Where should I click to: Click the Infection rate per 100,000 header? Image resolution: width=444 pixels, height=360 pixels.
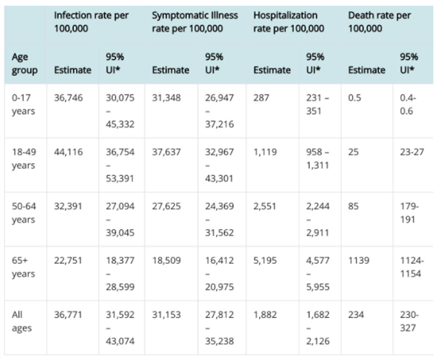91,21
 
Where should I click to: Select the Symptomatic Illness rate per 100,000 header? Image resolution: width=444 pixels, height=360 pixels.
195,21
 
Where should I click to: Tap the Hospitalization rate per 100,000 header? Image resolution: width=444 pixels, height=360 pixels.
289,21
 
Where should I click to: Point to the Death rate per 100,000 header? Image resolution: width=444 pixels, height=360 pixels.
379,21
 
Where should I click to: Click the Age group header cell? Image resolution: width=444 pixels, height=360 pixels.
24,64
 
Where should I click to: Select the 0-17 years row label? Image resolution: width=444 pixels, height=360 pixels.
23,104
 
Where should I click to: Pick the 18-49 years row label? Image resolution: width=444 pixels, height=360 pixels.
24,159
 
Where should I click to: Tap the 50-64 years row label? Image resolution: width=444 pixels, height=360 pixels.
24,213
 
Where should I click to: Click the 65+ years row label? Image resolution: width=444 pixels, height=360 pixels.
23,267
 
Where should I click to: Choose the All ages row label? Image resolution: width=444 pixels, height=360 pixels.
21,322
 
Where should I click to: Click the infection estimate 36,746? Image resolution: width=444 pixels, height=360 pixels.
69,98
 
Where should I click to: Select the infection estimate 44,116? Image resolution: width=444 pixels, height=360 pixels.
69,152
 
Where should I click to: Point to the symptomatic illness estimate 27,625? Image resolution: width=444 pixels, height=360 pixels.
166,206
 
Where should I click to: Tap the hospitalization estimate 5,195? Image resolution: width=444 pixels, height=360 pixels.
265,260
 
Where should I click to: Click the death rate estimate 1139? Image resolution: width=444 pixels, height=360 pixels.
359,260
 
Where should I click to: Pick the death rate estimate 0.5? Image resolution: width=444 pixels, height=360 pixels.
354,98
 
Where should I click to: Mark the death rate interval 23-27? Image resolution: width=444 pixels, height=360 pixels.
412,152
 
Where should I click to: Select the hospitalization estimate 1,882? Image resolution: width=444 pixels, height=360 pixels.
265,315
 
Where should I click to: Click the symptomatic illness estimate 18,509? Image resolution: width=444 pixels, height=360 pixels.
166,260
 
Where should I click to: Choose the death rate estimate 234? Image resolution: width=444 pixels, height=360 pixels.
356,315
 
